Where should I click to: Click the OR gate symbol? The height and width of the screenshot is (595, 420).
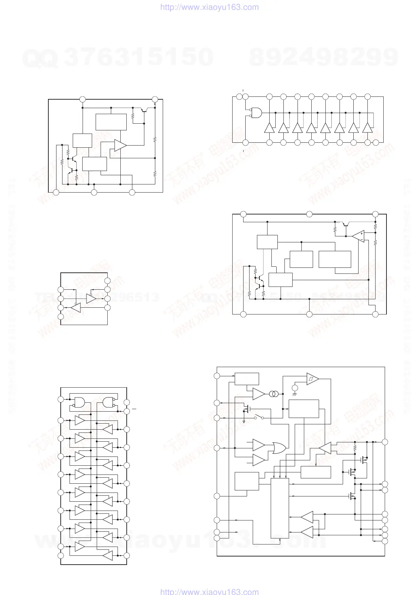279,448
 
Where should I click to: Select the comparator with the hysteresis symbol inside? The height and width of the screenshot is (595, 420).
312,379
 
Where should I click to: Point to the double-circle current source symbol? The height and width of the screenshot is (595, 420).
273,394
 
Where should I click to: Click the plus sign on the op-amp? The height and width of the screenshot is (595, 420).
361,233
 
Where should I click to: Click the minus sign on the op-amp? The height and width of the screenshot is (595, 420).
361,239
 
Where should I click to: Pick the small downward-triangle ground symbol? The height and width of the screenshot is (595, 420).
244,422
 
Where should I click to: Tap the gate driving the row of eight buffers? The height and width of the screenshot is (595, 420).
256,112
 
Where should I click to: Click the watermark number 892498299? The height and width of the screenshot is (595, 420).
324,57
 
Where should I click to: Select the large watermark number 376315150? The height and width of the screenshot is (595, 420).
139,57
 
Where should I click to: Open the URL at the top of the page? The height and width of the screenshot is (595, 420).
209,7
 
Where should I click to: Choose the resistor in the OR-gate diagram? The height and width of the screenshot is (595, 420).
355,448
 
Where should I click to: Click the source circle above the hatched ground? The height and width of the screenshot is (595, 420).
295,388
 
